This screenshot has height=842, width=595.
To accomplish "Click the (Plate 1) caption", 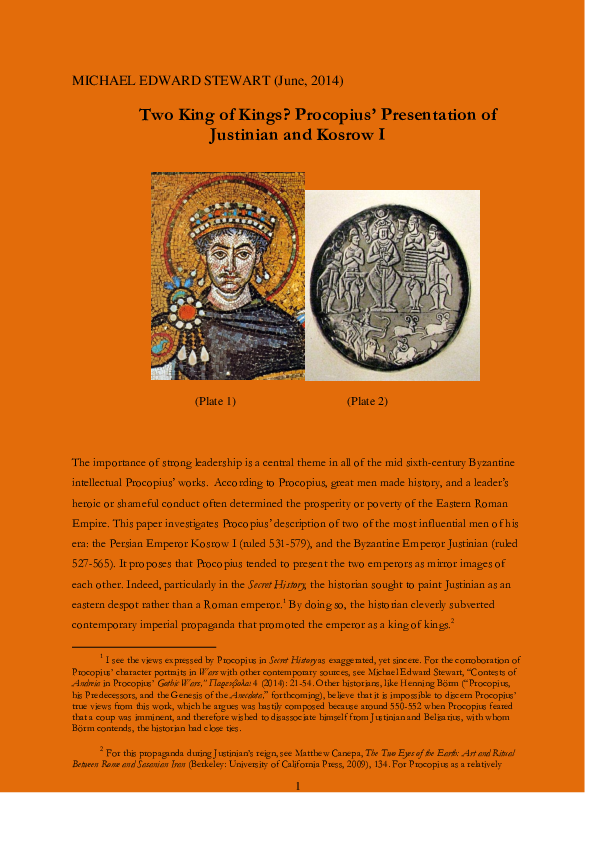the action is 215,401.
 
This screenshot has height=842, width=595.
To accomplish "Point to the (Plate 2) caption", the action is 367,401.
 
